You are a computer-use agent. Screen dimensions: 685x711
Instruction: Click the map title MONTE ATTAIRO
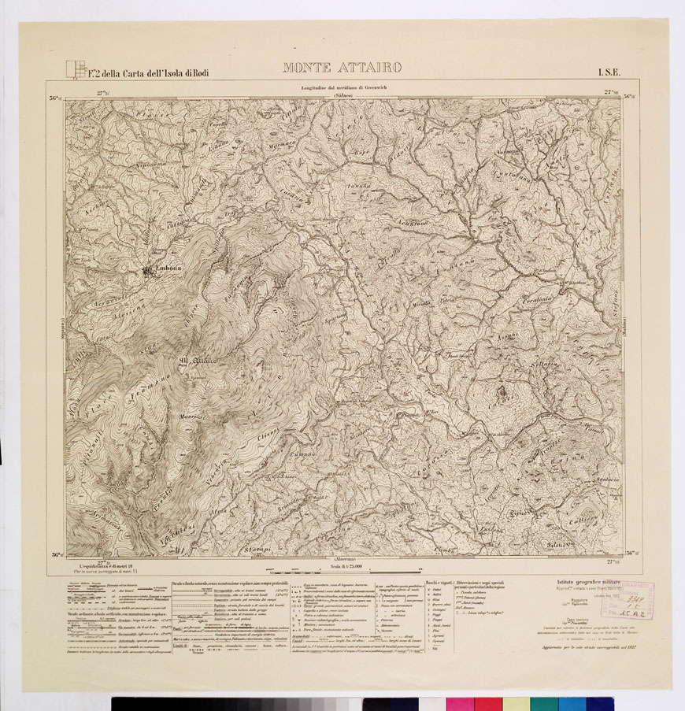342,68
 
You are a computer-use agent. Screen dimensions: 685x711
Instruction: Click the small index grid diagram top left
75,71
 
